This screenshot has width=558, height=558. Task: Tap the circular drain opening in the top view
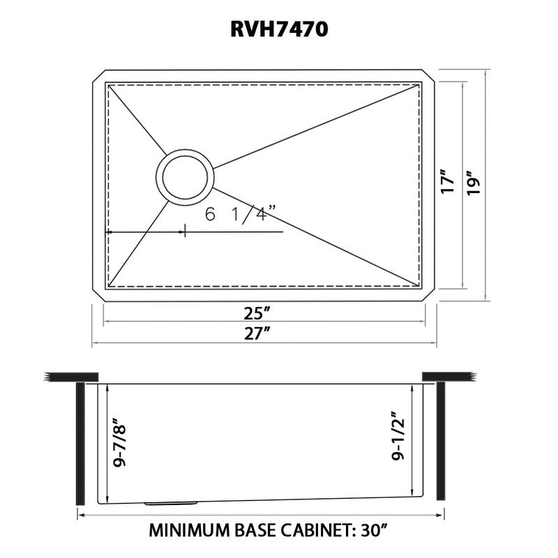[185, 176]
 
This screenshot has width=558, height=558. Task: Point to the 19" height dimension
[476, 182]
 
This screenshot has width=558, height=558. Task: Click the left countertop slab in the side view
[70, 377]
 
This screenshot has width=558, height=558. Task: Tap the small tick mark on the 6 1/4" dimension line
[184, 231]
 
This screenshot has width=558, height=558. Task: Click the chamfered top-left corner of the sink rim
[98, 76]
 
